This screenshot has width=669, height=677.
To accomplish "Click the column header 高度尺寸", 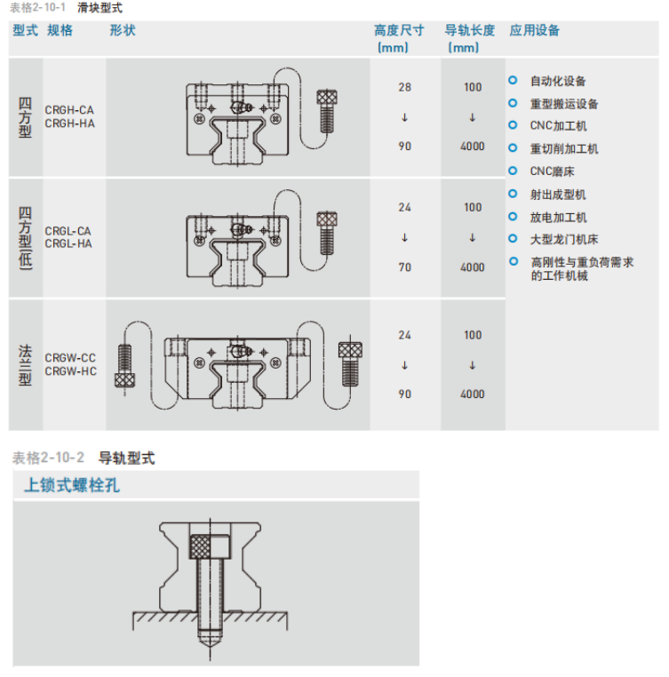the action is pos(399,31).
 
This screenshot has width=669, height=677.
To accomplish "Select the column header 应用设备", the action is pos(534,31).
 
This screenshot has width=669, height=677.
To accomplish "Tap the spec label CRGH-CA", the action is pos(69,110).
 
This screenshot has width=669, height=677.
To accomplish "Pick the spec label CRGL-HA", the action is pos(68,244).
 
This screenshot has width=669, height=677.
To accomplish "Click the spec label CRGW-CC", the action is pos(70,358).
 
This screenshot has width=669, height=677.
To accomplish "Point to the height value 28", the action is pos(404,87).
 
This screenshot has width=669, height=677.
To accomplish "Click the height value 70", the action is pos(404,267).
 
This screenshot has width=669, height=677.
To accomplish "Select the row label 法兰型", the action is pos(25,365).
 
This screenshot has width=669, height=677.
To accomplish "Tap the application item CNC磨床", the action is pos(552,171).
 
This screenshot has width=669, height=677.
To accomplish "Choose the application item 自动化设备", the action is pos(558,81).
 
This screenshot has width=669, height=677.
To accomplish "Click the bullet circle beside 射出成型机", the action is pos(514,194).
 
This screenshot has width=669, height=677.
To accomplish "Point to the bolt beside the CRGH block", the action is pos(327,111).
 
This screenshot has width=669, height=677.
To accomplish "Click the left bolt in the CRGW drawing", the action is pos(124,365).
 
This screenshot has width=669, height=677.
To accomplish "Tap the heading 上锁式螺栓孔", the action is pos(72,485).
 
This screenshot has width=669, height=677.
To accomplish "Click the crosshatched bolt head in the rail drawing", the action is pos(200,546).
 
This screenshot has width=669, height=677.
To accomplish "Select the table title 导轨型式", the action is pos(126,458).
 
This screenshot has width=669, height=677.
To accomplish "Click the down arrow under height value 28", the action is pos(404,117).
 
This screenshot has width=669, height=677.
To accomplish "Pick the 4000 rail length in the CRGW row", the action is pos(473,394).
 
